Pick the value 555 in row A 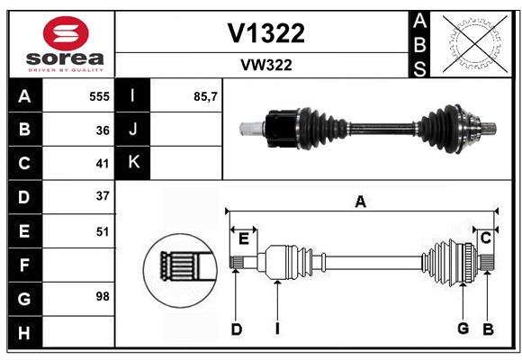pyautogui.click(x=99, y=95)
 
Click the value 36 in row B pyautogui.click(x=103, y=130)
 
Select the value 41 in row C pyautogui.click(x=103, y=164)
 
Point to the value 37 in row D pyautogui.click(x=103, y=196)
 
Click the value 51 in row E pyautogui.click(x=103, y=231)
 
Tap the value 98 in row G pyautogui.click(x=103, y=296)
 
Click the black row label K pyautogui.click(x=133, y=163)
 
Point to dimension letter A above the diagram pyautogui.click(x=361, y=202)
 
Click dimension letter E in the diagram pyautogui.click(x=244, y=238)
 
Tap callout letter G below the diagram pyautogui.click(x=463, y=328)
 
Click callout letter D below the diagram pyautogui.click(x=237, y=329)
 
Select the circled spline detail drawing pyautogui.click(x=179, y=266)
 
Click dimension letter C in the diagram pyautogui.click(x=485, y=238)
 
